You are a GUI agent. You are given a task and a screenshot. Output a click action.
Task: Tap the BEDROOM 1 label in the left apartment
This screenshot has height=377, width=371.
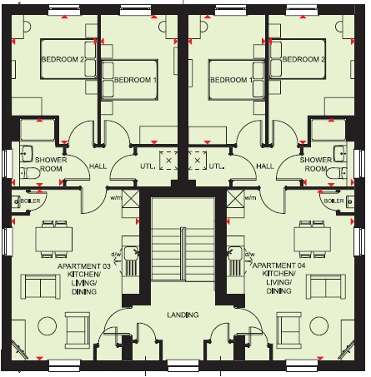pos(135,80)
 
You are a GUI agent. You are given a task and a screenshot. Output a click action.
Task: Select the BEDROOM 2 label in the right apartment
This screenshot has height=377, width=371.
pos(303,59)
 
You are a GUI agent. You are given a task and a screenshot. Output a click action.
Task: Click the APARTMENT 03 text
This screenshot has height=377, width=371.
pos(84,266)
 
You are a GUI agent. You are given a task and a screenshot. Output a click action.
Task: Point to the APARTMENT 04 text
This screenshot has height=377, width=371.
pos(278,265)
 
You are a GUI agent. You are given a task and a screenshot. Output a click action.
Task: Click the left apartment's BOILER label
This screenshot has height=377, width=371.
pos(30,201)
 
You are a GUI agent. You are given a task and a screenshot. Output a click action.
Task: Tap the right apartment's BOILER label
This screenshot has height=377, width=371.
pos(334,201)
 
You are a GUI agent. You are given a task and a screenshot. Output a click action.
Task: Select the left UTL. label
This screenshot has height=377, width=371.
pos(148,166)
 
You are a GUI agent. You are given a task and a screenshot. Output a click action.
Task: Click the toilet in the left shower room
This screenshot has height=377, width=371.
pos(30,173)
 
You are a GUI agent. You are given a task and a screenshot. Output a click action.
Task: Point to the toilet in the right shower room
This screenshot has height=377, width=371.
pos(336,173)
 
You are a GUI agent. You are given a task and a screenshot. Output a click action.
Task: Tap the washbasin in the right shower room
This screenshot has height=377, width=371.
pos(340,153)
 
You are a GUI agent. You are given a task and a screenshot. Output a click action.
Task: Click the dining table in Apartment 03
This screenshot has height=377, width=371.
pos(54,239)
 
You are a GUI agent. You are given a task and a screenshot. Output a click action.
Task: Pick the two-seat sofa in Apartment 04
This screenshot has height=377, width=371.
pos(326,287)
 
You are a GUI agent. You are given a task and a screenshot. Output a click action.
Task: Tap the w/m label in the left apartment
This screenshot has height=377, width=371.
pos(116,198)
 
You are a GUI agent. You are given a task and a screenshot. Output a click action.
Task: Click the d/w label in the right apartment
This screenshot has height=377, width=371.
pos(249,254)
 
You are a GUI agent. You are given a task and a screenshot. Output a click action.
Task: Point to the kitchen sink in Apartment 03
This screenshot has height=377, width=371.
pos(131,253)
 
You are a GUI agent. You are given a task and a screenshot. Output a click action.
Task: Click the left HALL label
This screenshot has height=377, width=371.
pos(98,166)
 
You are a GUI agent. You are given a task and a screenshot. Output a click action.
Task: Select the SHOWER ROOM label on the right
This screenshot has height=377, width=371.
pos(316,164)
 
